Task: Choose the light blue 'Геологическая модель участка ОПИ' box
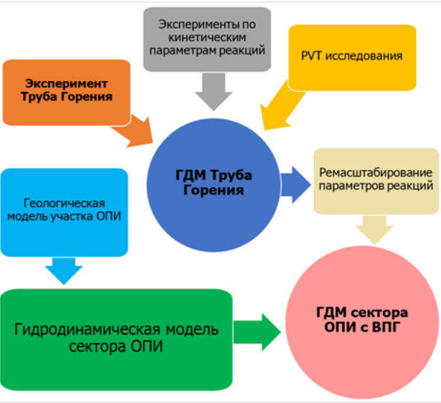point(65,211)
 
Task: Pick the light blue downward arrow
point(64,270)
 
